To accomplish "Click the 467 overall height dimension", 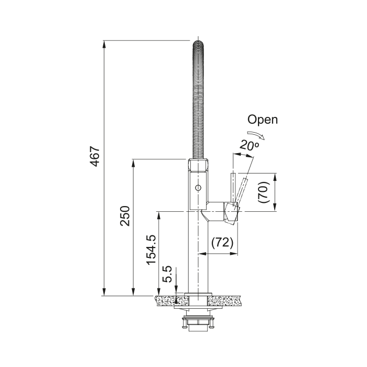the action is (95, 156).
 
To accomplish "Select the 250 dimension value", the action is (125, 216).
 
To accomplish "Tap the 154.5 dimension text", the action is (151, 250).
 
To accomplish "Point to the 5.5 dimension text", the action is (167, 274).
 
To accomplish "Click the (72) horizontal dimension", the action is (222, 243).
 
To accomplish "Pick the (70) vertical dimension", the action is (264, 192).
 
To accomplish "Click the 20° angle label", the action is (249, 145).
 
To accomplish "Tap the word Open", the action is (263, 120).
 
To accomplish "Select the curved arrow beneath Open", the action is (256, 135).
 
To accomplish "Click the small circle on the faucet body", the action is (198, 188).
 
